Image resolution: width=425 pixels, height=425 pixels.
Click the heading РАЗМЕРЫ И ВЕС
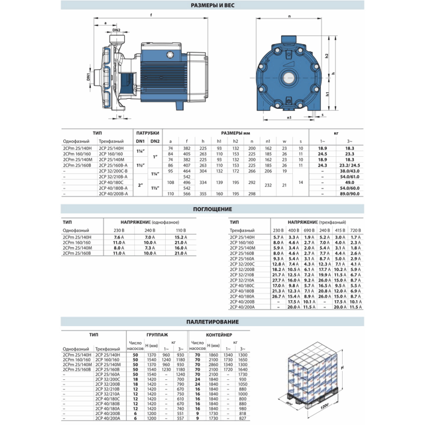coord(212,6)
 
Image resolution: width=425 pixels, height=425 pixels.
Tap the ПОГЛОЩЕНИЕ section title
coord(212,209)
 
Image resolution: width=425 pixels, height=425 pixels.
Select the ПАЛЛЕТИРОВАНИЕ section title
coord(212,322)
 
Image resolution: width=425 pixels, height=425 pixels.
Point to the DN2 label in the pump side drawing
coord(116,30)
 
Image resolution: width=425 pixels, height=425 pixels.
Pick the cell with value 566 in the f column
coord(186,193)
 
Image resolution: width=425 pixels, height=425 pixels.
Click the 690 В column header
coord(309,229)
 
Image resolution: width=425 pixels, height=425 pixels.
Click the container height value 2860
coord(214,365)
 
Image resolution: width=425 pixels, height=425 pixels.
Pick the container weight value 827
coord(243,418)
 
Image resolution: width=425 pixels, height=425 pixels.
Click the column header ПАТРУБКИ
coord(147,133)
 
